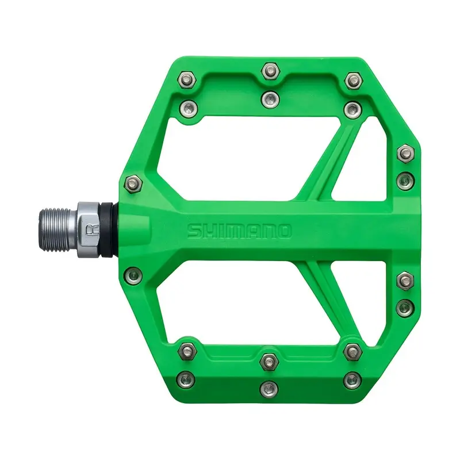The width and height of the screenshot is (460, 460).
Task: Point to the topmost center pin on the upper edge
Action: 269,71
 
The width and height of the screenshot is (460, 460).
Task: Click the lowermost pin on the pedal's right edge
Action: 405,306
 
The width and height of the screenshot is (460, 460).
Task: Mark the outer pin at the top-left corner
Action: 186,78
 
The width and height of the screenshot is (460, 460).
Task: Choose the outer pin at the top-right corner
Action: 351,79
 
